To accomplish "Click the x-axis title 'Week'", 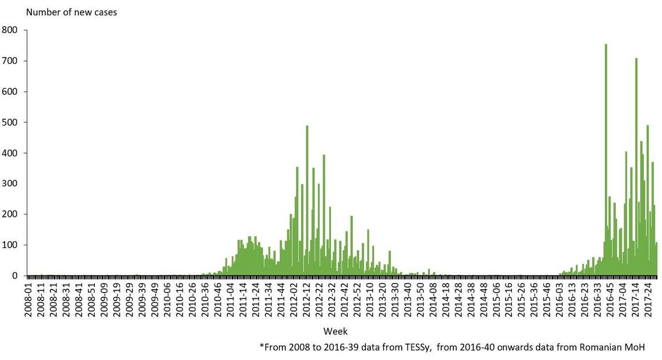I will pyautogui.click(x=336, y=331).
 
